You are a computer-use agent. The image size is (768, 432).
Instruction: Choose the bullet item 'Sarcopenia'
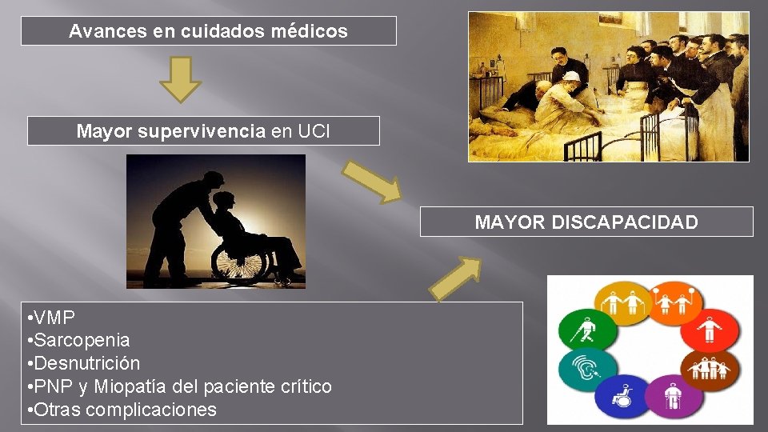tap(82, 340)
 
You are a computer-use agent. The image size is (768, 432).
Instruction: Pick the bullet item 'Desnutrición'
tap(87, 363)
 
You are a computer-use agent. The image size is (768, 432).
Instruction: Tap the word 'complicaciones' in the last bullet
tap(150, 410)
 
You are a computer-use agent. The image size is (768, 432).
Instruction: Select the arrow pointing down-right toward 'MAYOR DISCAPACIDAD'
tap(373, 180)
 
